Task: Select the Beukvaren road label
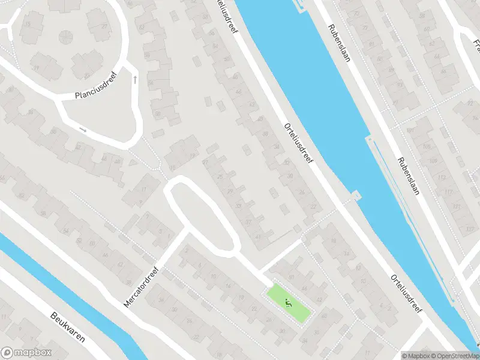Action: [67, 328]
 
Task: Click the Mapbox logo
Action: [26, 353]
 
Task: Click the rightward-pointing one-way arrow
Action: [83, 130]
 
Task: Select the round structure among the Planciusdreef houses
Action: [64, 37]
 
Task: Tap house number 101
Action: [410, 130]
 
